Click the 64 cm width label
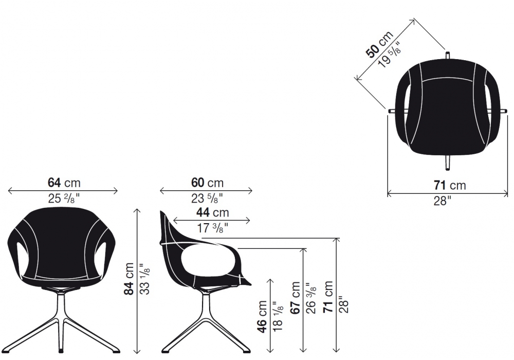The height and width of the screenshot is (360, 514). click(64, 183)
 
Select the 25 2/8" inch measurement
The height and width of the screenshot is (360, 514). click(64, 198)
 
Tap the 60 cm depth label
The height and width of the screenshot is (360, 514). click(207, 183)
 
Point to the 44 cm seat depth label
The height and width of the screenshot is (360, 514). click(212, 212)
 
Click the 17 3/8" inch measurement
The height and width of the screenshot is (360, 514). click(212, 227)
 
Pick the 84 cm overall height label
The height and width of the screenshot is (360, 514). click(129, 279)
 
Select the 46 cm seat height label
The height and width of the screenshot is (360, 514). click(263, 317)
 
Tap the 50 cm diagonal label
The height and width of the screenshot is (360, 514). click(379, 44)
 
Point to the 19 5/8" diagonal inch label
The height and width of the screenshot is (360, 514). click(390, 54)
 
